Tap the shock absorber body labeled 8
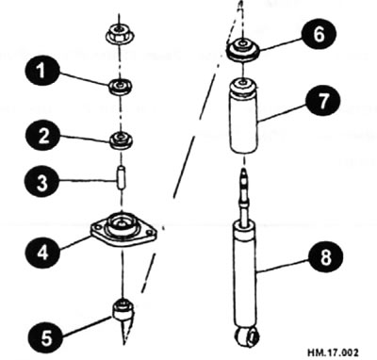[x=244, y=273]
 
